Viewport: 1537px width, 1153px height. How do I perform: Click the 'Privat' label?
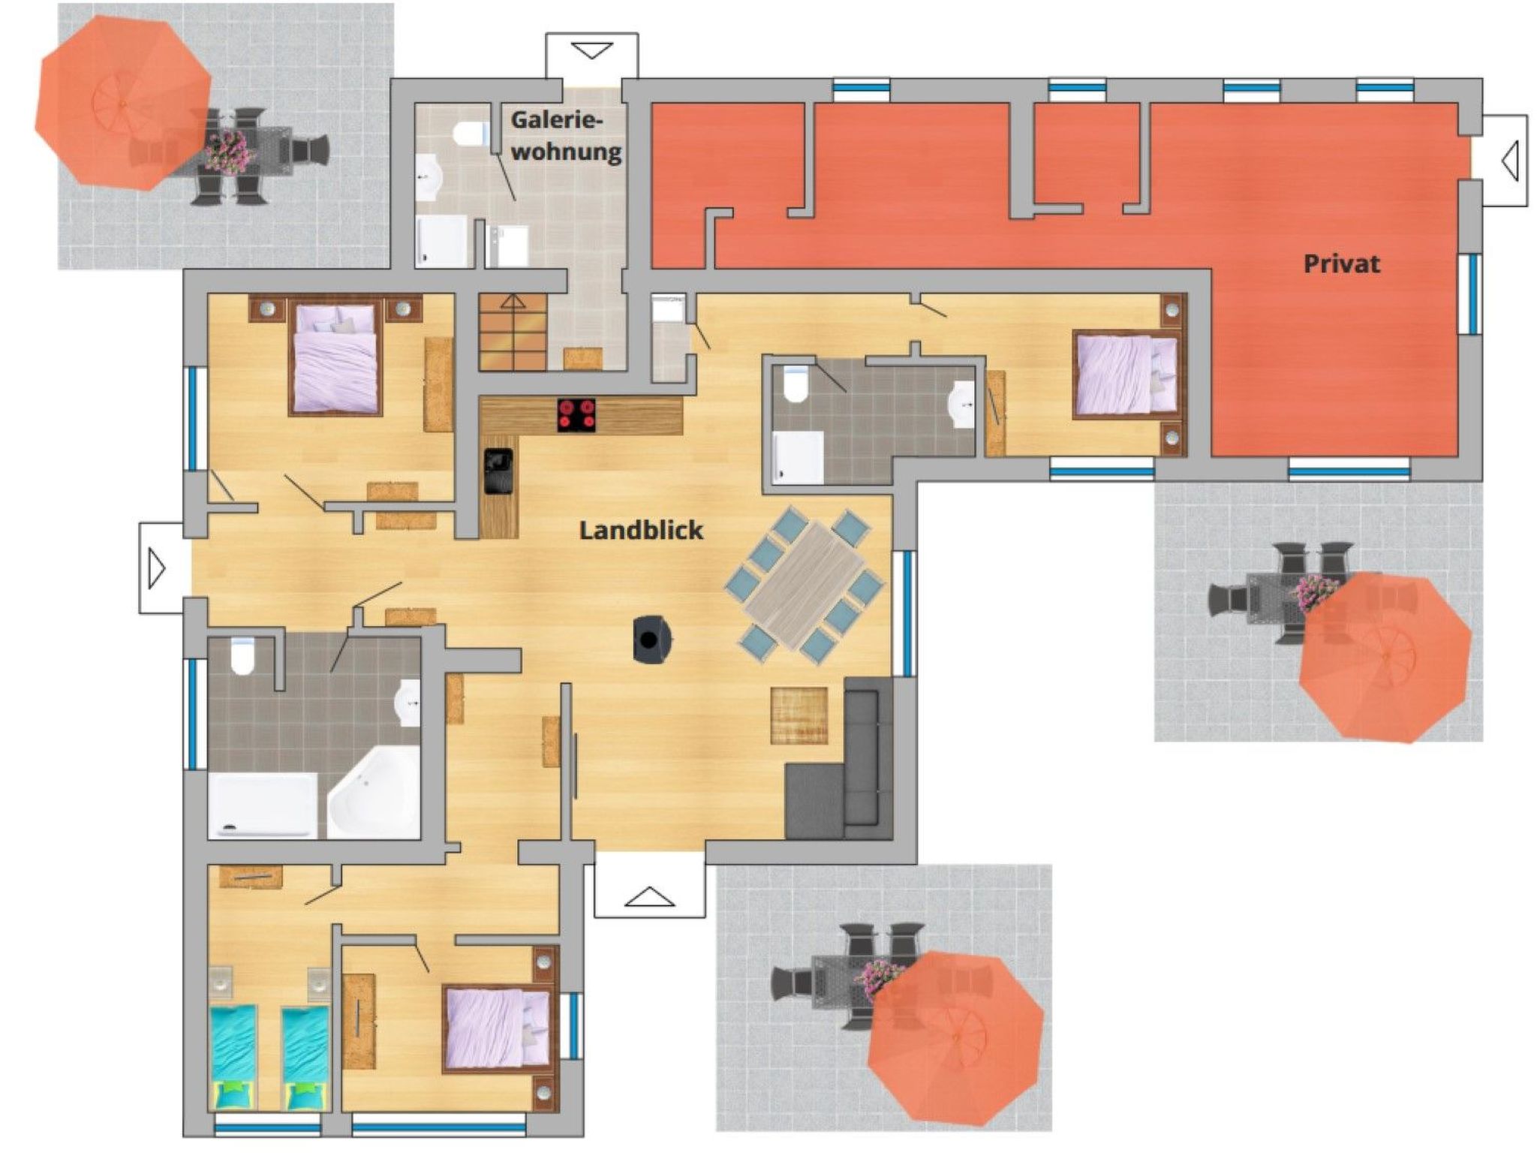[1342, 264]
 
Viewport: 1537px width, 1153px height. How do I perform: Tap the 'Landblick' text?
[641, 531]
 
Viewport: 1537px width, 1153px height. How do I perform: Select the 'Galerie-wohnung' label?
[566, 136]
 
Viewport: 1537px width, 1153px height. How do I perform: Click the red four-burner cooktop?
[576, 415]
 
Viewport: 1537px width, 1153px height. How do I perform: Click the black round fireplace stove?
[651, 640]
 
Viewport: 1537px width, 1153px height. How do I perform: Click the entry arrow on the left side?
[157, 568]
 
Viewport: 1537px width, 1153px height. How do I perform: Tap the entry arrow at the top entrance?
[592, 51]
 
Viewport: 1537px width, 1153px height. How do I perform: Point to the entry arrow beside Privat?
[1510, 161]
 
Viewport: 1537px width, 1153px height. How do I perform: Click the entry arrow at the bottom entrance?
[650, 896]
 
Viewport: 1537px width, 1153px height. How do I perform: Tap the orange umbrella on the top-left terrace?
[124, 103]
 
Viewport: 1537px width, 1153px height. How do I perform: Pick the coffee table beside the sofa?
[800, 715]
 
